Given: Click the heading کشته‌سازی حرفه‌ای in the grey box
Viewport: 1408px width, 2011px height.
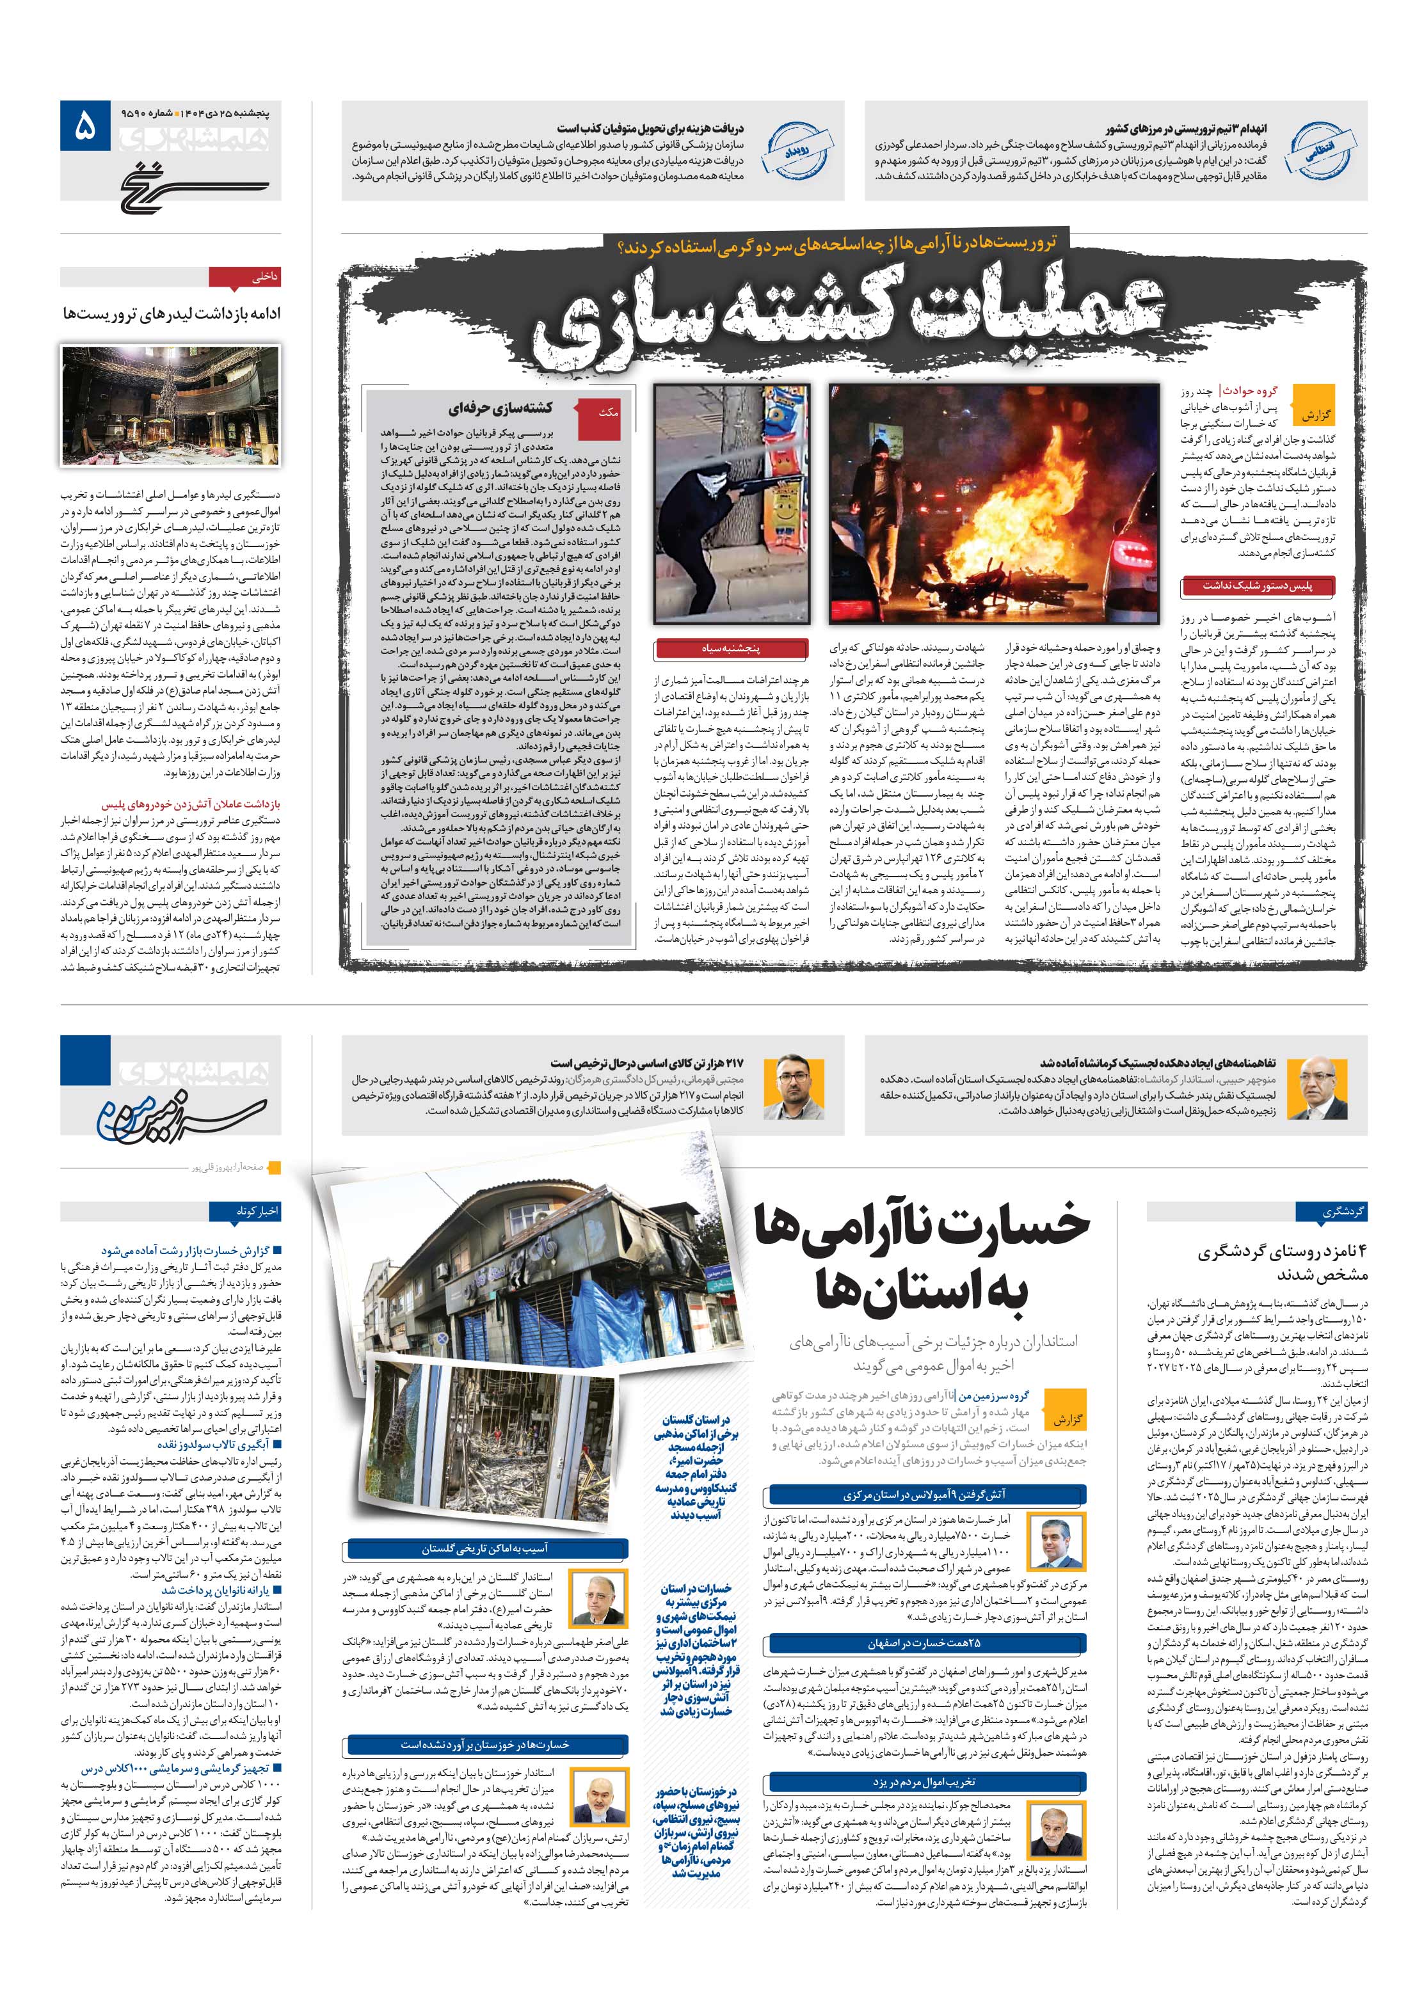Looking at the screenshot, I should point(499,408).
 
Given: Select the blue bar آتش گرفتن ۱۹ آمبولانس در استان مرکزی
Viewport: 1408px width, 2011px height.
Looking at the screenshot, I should point(925,1495).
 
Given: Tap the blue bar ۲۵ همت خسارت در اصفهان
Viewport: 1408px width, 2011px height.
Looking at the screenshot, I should point(925,1643).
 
